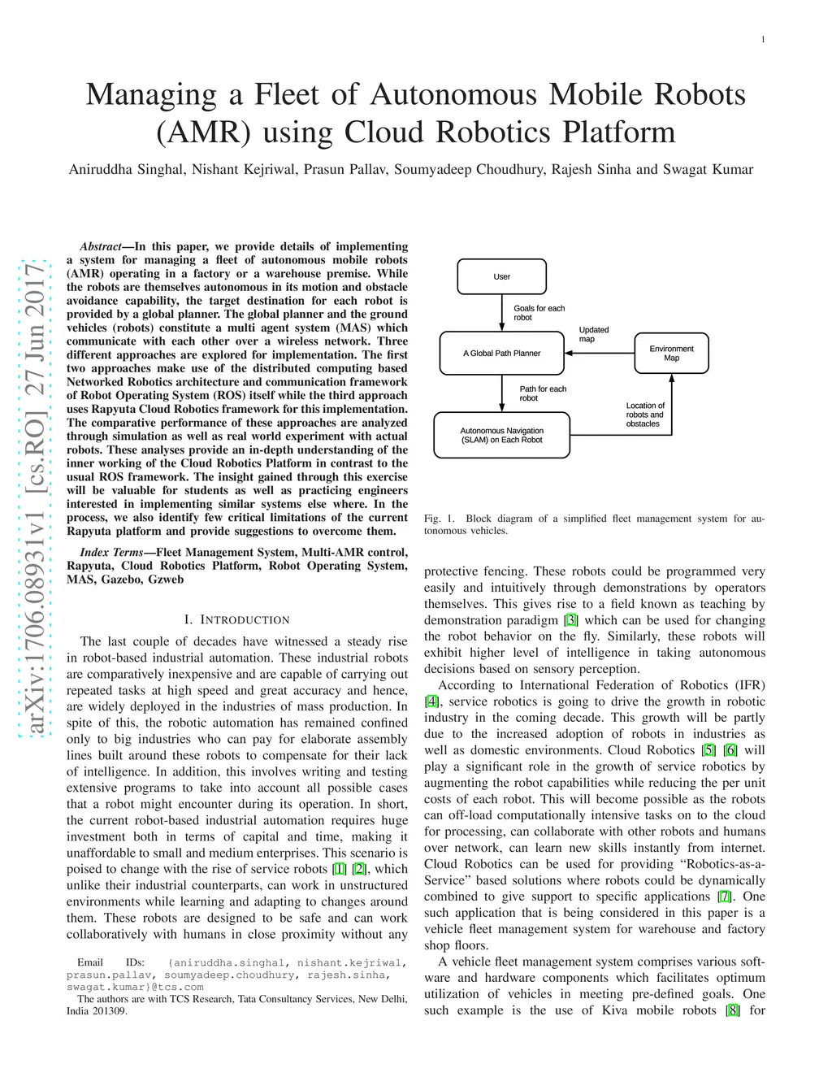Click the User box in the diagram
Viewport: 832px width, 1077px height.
(x=501, y=277)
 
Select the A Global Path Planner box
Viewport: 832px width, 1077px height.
(x=501, y=354)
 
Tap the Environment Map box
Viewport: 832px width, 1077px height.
(x=671, y=354)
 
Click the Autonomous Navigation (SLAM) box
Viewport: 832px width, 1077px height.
(x=501, y=436)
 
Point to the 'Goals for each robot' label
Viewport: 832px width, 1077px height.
(x=539, y=313)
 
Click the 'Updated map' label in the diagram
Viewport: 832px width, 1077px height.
(x=593, y=334)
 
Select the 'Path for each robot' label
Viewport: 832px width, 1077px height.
(x=543, y=393)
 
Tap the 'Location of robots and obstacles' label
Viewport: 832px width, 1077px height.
(x=645, y=415)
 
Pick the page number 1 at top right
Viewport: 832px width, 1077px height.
(x=763, y=40)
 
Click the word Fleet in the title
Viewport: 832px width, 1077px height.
(x=286, y=94)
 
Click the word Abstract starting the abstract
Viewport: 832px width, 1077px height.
(x=101, y=246)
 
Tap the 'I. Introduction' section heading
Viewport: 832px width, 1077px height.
(x=236, y=619)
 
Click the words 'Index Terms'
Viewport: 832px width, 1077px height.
(x=111, y=553)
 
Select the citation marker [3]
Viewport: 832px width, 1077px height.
(x=570, y=620)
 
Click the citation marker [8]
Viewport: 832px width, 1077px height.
(x=732, y=1010)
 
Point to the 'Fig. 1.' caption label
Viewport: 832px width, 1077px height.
(x=439, y=519)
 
